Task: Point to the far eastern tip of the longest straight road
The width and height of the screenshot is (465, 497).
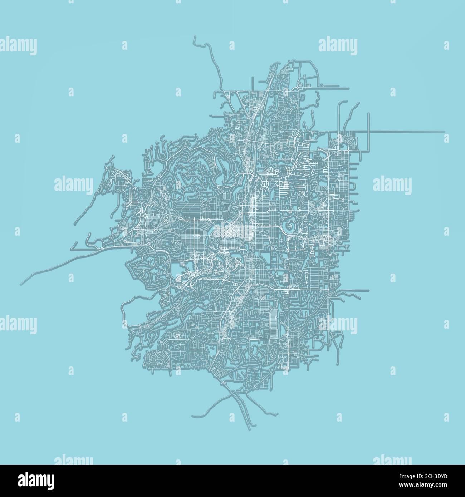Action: [x=444, y=132]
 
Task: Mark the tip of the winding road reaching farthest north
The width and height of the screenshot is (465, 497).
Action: [x=195, y=37]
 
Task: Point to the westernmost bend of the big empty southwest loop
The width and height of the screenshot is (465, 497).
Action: [x=123, y=310]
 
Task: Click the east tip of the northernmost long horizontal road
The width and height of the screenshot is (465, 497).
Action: [x=349, y=87]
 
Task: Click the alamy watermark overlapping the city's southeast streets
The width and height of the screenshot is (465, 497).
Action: [x=338, y=324]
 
